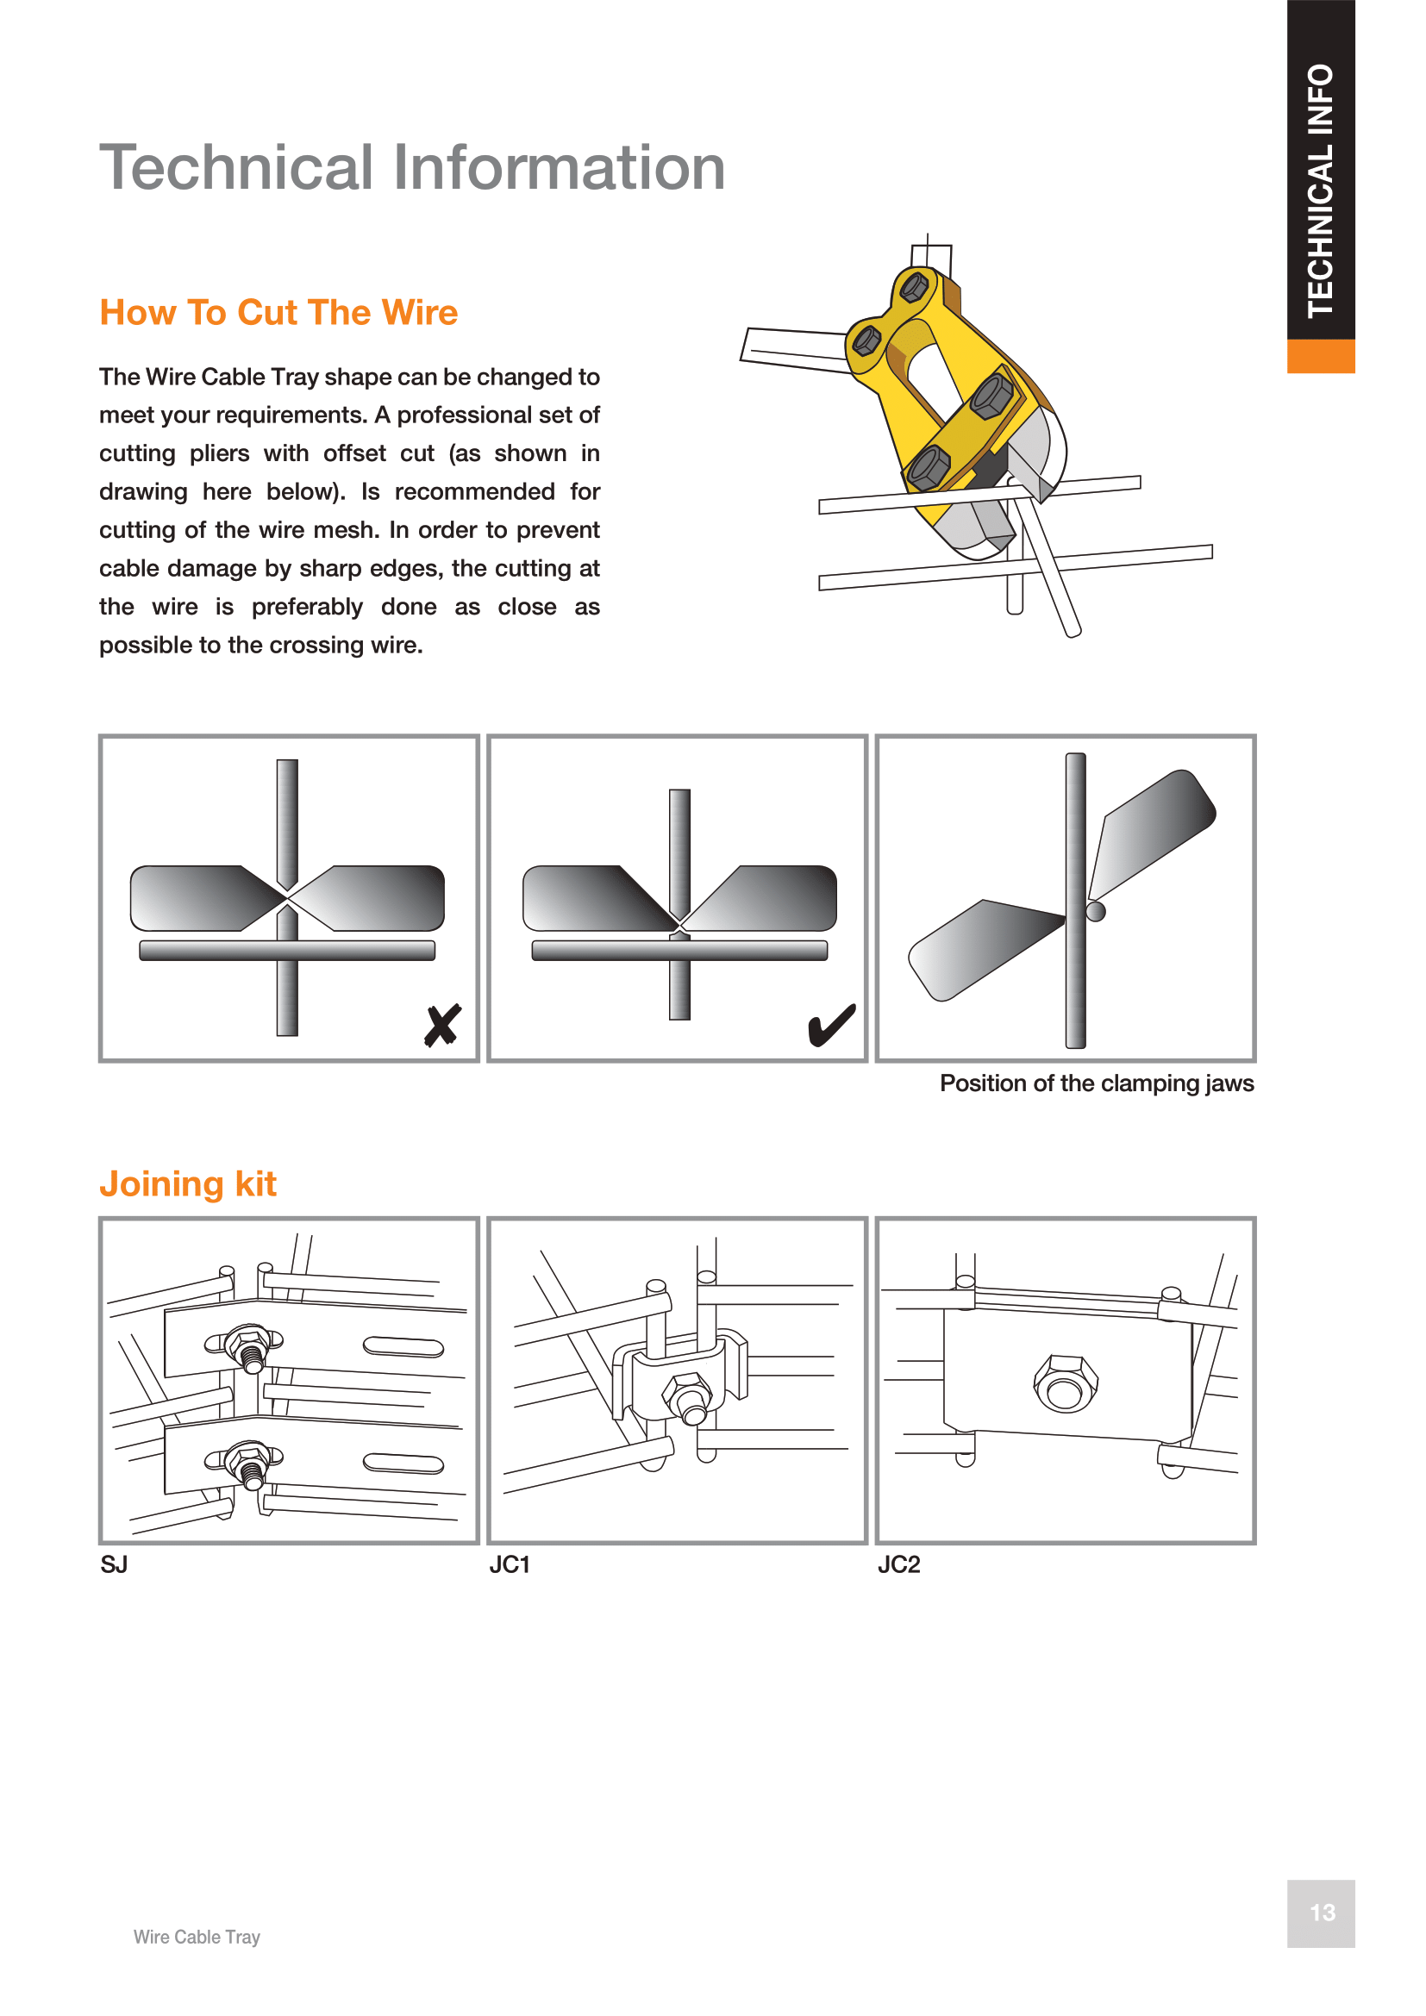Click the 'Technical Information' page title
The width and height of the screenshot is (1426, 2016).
(412, 167)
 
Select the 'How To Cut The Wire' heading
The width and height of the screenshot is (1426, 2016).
(278, 313)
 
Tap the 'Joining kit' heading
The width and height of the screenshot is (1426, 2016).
(188, 1183)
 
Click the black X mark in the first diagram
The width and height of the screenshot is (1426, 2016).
(442, 1025)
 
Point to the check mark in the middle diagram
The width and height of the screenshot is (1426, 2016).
(830, 1025)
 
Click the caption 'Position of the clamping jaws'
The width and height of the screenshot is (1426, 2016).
(1096, 1083)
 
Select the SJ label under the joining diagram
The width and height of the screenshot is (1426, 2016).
(114, 1564)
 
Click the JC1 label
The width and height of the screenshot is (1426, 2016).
(510, 1564)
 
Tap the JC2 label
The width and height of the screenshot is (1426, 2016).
(898, 1564)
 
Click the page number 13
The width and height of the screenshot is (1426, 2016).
(1322, 1913)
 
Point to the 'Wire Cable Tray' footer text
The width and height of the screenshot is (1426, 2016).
(197, 1937)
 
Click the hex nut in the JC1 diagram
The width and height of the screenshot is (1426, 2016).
(686, 1395)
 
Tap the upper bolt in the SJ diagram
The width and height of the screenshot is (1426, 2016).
(247, 1345)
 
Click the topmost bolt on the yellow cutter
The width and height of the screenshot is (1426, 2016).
(914, 286)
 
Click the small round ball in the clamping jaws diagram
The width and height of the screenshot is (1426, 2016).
(1096, 911)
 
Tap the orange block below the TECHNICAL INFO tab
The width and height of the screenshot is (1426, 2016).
(1320, 356)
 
